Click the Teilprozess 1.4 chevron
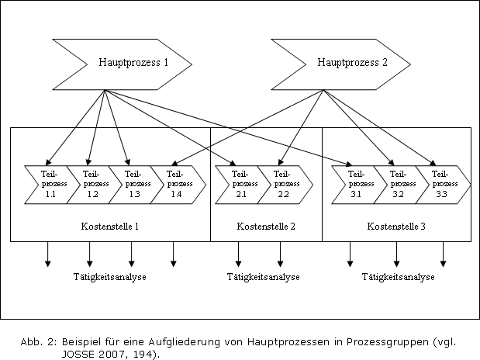178,185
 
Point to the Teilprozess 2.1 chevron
243,185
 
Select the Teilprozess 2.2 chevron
285,185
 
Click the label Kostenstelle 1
110,227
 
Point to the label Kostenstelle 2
266,227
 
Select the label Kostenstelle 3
396,227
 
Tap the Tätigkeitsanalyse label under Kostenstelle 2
264,277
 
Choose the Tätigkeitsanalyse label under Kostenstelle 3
399,277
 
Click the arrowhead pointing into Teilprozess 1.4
174,163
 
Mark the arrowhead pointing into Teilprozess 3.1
349,164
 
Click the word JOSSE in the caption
78,354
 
